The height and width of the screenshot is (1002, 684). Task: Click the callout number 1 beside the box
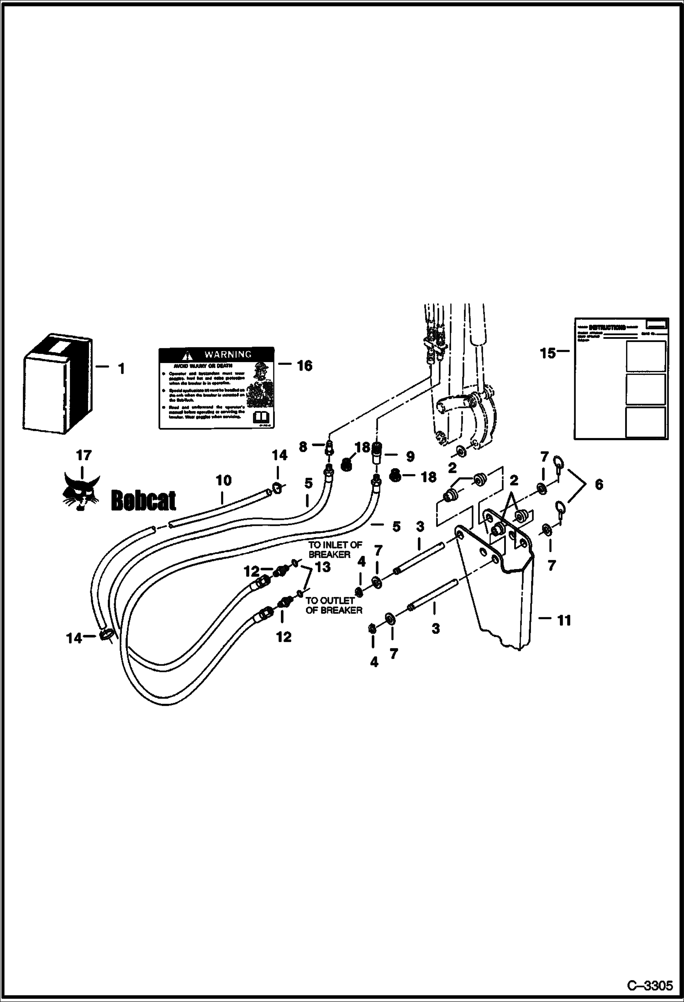pyautogui.click(x=121, y=369)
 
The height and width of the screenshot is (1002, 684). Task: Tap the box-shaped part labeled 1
pyautogui.click(x=58, y=383)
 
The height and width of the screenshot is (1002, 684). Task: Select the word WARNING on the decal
pyautogui.click(x=227, y=354)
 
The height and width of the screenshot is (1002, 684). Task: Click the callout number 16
pyautogui.click(x=305, y=366)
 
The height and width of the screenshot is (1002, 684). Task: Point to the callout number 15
pyautogui.click(x=548, y=353)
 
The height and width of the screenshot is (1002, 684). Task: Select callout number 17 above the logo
pyautogui.click(x=84, y=455)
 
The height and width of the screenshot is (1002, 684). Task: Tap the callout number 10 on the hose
pyautogui.click(x=223, y=480)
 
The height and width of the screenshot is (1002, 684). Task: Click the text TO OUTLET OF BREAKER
pyautogui.click(x=334, y=605)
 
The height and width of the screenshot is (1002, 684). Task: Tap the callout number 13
pyautogui.click(x=323, y=567)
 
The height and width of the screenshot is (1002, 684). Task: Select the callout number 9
pyautogui.click(x=410, y=456)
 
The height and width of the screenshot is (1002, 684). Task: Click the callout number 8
pyautogui.click(x=303, y=447)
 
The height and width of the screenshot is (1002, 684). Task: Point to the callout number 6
pyautogui.click(x=599, y=484)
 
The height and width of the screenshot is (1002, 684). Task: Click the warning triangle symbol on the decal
pyautogui.click(x=186, y=355)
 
